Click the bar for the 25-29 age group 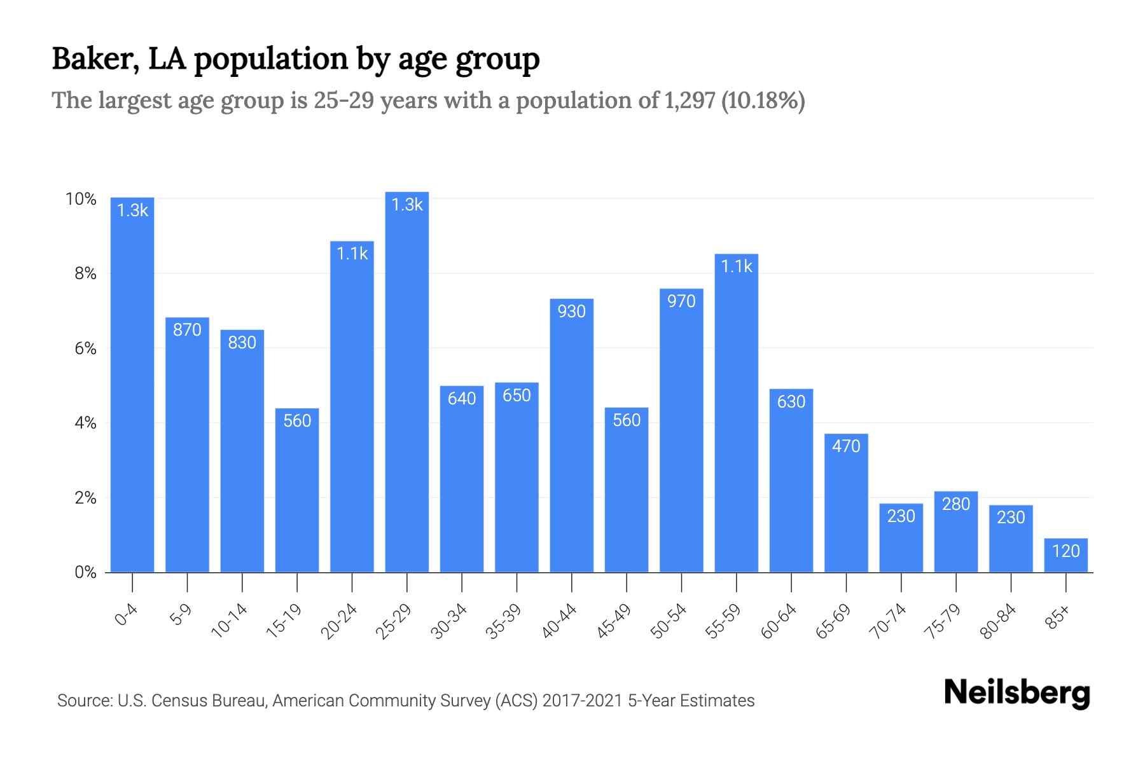407,381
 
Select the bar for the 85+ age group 1065,556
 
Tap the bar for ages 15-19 297,490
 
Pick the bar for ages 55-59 736,413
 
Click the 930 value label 571,312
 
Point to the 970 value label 681,301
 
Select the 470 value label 846,446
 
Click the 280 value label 955,504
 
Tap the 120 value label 1065,551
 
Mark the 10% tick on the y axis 81,199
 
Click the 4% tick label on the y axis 85,423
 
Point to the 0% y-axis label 85,572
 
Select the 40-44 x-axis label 559,621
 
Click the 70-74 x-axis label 889,621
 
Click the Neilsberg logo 1017,693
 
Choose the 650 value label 517,395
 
